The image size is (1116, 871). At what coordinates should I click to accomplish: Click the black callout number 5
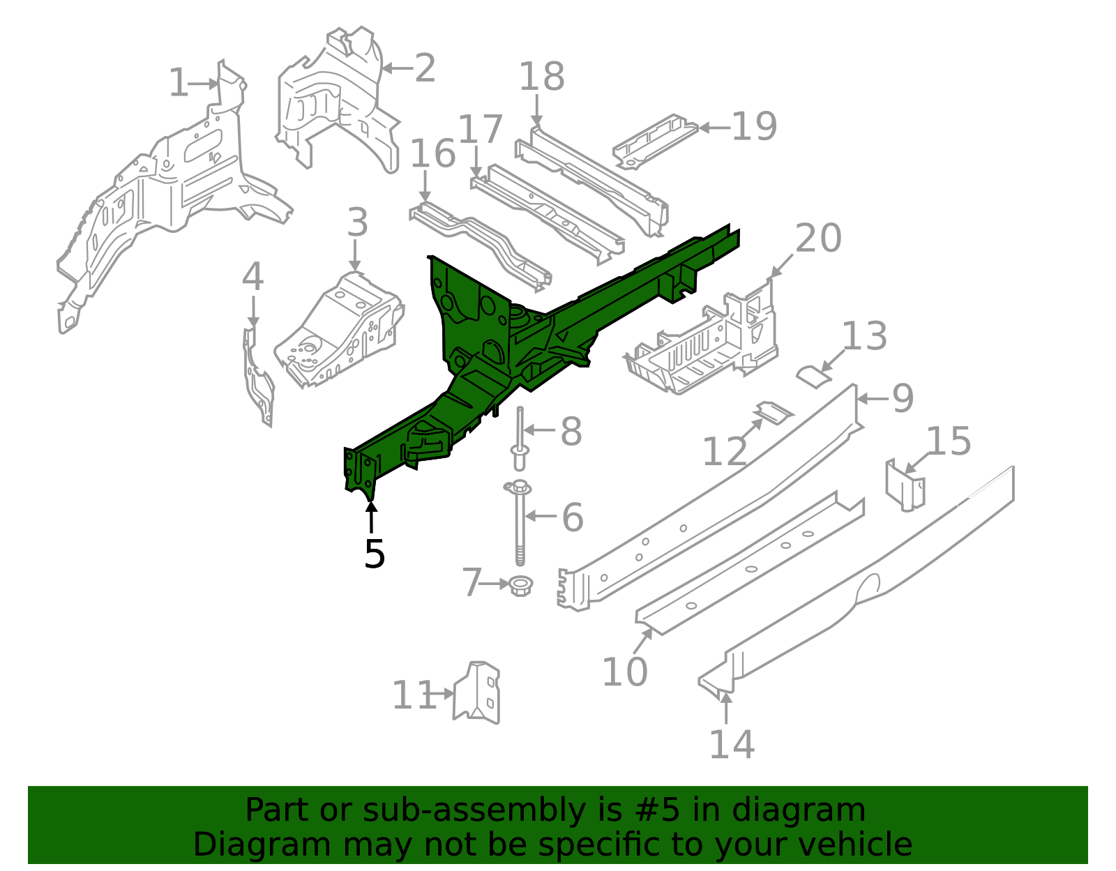click(375, 554)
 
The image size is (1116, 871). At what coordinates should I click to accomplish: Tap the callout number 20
click(818, 238)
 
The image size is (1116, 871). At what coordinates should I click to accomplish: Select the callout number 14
click(732, 745)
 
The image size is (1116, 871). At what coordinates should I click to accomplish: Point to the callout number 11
click(414, 695)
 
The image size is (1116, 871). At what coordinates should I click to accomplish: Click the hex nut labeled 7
click(520, 586)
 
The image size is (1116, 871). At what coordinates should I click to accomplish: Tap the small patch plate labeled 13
click(814, 377)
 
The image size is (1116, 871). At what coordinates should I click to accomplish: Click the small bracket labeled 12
click(774, 412)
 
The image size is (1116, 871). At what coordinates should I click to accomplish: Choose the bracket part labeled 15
click(905, 485)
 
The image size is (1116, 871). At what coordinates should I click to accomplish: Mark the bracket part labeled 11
click(476, 692)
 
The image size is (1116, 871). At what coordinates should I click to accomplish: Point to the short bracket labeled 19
click(656, 141)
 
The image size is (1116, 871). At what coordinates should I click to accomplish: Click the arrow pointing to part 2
click(398, 68)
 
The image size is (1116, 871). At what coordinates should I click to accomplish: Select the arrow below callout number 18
click(536, 110)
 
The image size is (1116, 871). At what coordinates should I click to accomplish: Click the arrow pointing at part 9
click(873, 398)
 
